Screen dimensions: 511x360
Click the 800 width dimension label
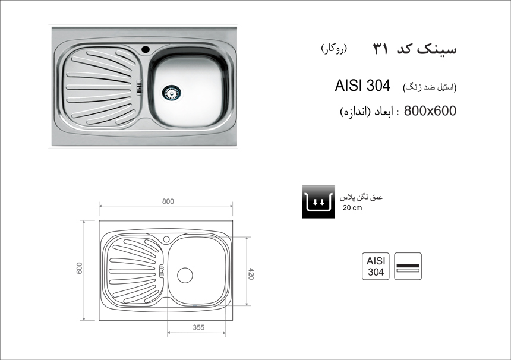pyautogui.click(x=168, y=201)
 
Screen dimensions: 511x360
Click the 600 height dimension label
pyautogui.click(x=80, y=268)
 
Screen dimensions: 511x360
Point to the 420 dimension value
pyautogui.click(x=251, y=273)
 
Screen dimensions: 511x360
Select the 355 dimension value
pyautogui.click(x=198, y=327)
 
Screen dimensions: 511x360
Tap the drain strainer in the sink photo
pyautogui.click(x=171, y=93)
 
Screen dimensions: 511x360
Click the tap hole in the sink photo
pyautogui.click(x=145, y=49)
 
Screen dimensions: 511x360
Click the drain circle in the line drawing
pyautogui.click(x=185, y=275)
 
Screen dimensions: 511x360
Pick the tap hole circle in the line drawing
pyautogui.click(x=166, y=239)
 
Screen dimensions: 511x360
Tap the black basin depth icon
pyautogui.click(x=318, y=201)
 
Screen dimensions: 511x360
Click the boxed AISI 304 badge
pyautogui.click(x=376, y=266)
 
